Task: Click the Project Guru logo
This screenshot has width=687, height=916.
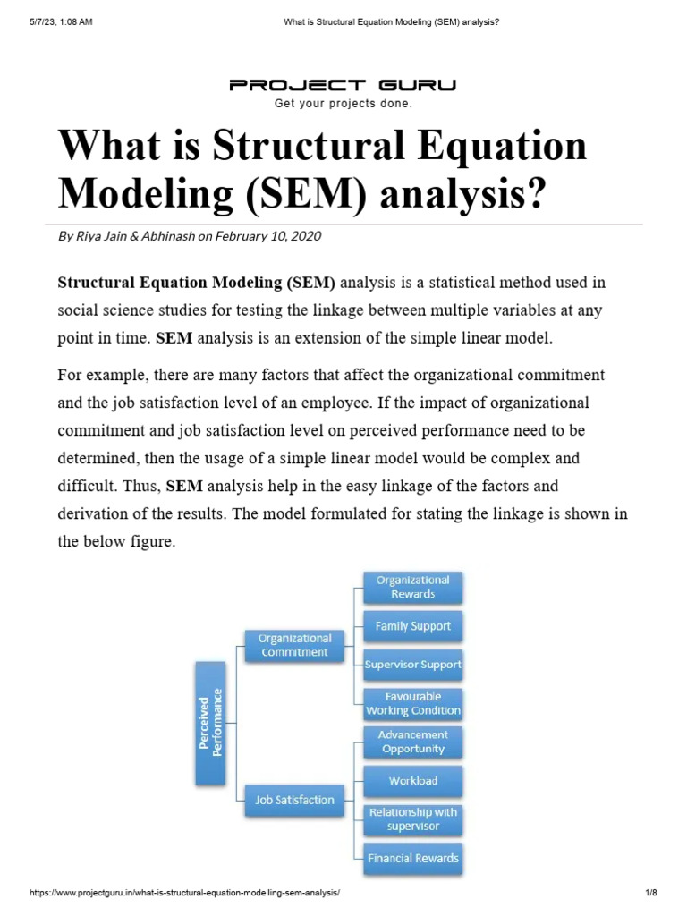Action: (x=343, y=86)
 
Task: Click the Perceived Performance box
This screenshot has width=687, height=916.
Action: (x=212, y=724)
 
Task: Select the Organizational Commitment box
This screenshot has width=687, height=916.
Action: (x=294, y=645)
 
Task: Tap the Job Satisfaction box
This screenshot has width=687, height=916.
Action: (x=294, y=801)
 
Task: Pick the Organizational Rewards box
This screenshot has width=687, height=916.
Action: (x=412, y=587)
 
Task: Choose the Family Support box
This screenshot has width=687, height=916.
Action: (x=412, y=626)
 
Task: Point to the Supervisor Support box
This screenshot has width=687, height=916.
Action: (x=412, y=665)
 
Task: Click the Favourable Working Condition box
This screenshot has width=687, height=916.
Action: (x=412, y=704)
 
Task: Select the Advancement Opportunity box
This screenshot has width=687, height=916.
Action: (x=412, y=742)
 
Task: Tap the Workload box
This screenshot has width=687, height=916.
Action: (x=412, y=781)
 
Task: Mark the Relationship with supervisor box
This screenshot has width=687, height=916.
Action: (x=412, y=819)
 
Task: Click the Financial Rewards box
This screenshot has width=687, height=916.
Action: (x=412, y=859)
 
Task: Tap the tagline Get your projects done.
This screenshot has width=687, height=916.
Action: (x=343, y=104)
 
